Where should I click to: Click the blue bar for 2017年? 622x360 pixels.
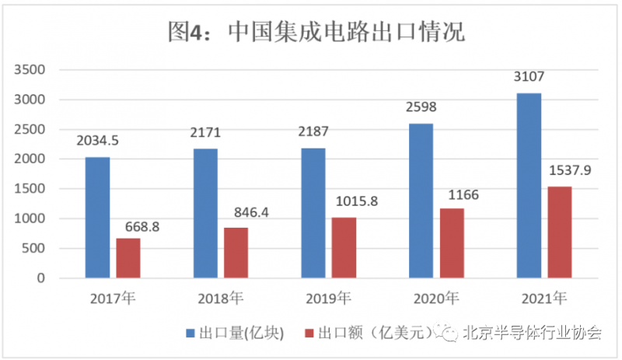[x=97, y=218]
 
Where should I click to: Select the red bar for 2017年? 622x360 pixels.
[x=128, y=258]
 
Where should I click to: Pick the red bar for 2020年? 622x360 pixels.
[x=452, y=243]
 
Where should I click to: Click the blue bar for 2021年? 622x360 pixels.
[x=529, y=186]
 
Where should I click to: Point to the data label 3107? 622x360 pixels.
[x=529, y=77]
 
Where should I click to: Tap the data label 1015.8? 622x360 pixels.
[x=359, y=201]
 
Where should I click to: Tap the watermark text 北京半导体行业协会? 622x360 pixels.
[x=533, y=334]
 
